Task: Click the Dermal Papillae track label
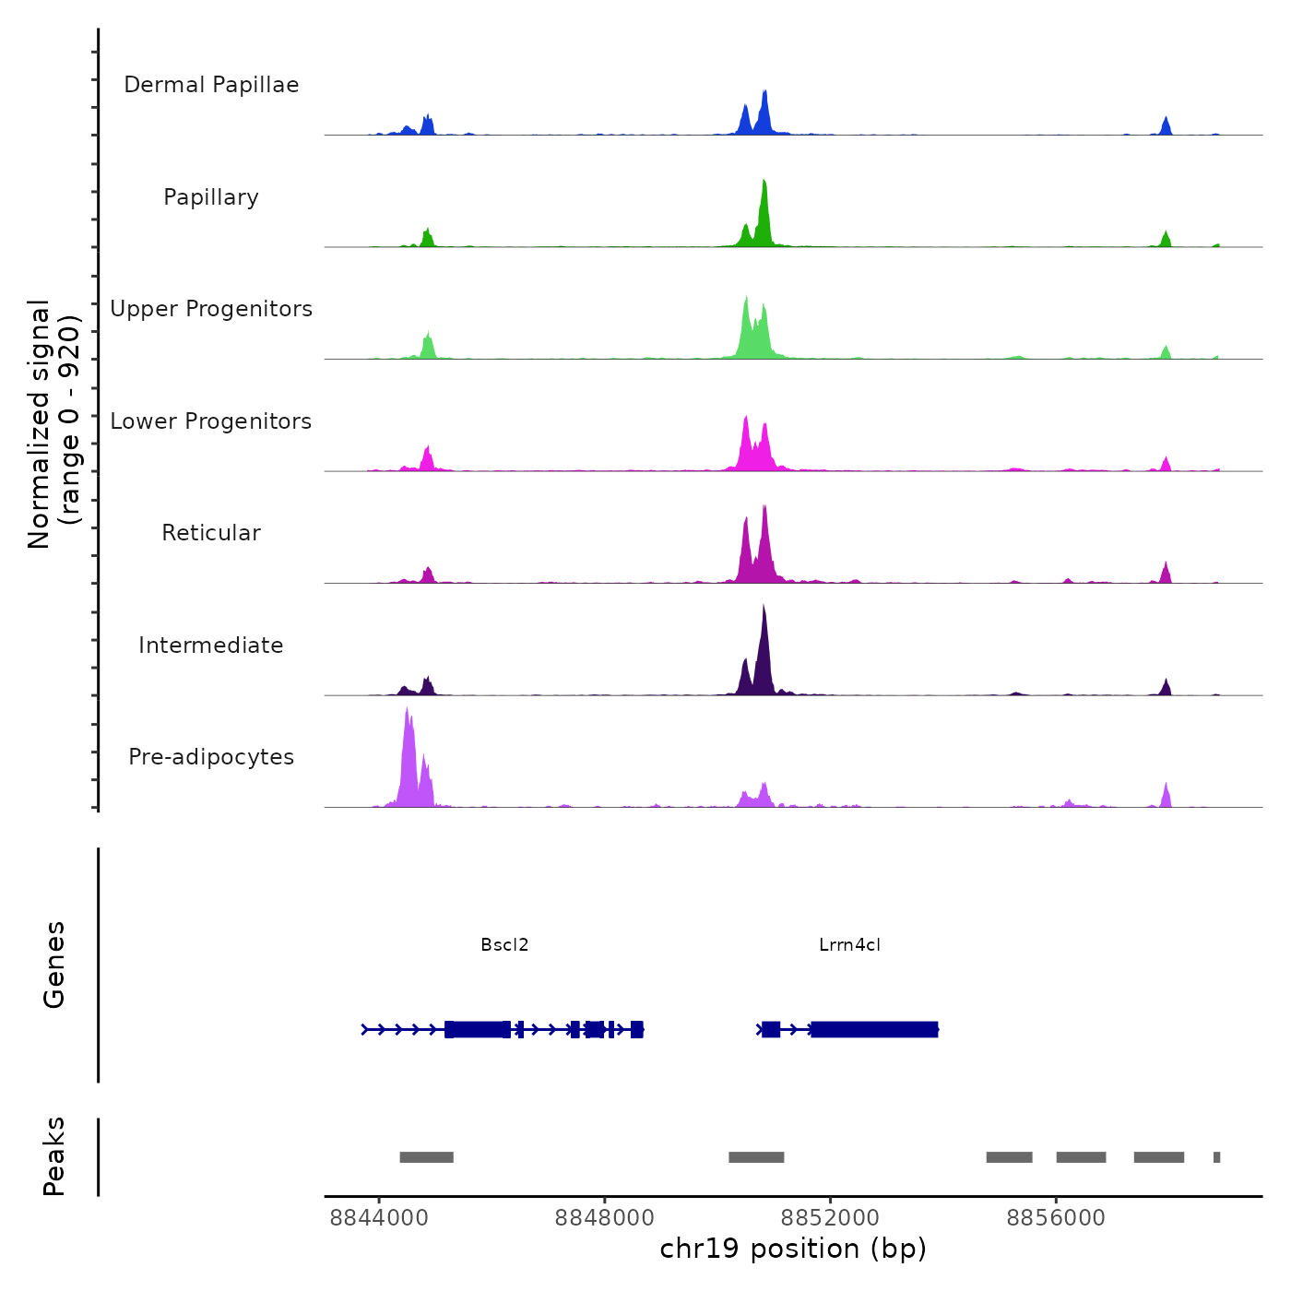coord(211,85)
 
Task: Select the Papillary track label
coord(211,197)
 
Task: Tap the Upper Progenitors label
coord(211,309)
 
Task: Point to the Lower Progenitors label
coord(211,421)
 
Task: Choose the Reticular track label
coord(211,533)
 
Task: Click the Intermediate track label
coord(211,645)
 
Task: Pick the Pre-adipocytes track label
coord(211,757)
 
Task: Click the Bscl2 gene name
coord(504,945)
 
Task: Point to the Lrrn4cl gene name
coord(849,945)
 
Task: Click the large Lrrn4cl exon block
coord(874,1029)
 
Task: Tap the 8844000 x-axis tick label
coord(379,1218)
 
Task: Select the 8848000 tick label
coord(604,1218)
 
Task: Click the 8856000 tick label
coord(1056,1218)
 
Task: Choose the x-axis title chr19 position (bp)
coord(793,1249)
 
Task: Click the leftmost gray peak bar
coord(426,1157)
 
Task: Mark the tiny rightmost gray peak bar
coord(1216,1157)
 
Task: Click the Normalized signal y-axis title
coord(53,424)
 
